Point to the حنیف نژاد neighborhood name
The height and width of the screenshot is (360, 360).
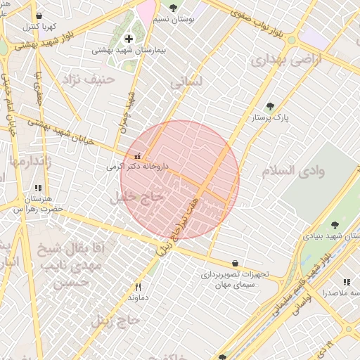click(x=89, y=78)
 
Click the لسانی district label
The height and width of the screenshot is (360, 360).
click(x=186, y=82)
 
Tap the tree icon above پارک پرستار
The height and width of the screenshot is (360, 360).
click(x=270, y=106)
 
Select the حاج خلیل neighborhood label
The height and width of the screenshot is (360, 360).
click(x=137, y=198)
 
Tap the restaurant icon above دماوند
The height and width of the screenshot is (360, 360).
click(x=138, y=287)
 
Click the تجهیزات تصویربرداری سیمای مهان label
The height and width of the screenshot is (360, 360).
click(x=233, y=279)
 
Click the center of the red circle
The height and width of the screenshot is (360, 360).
click(x=180, y=179)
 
